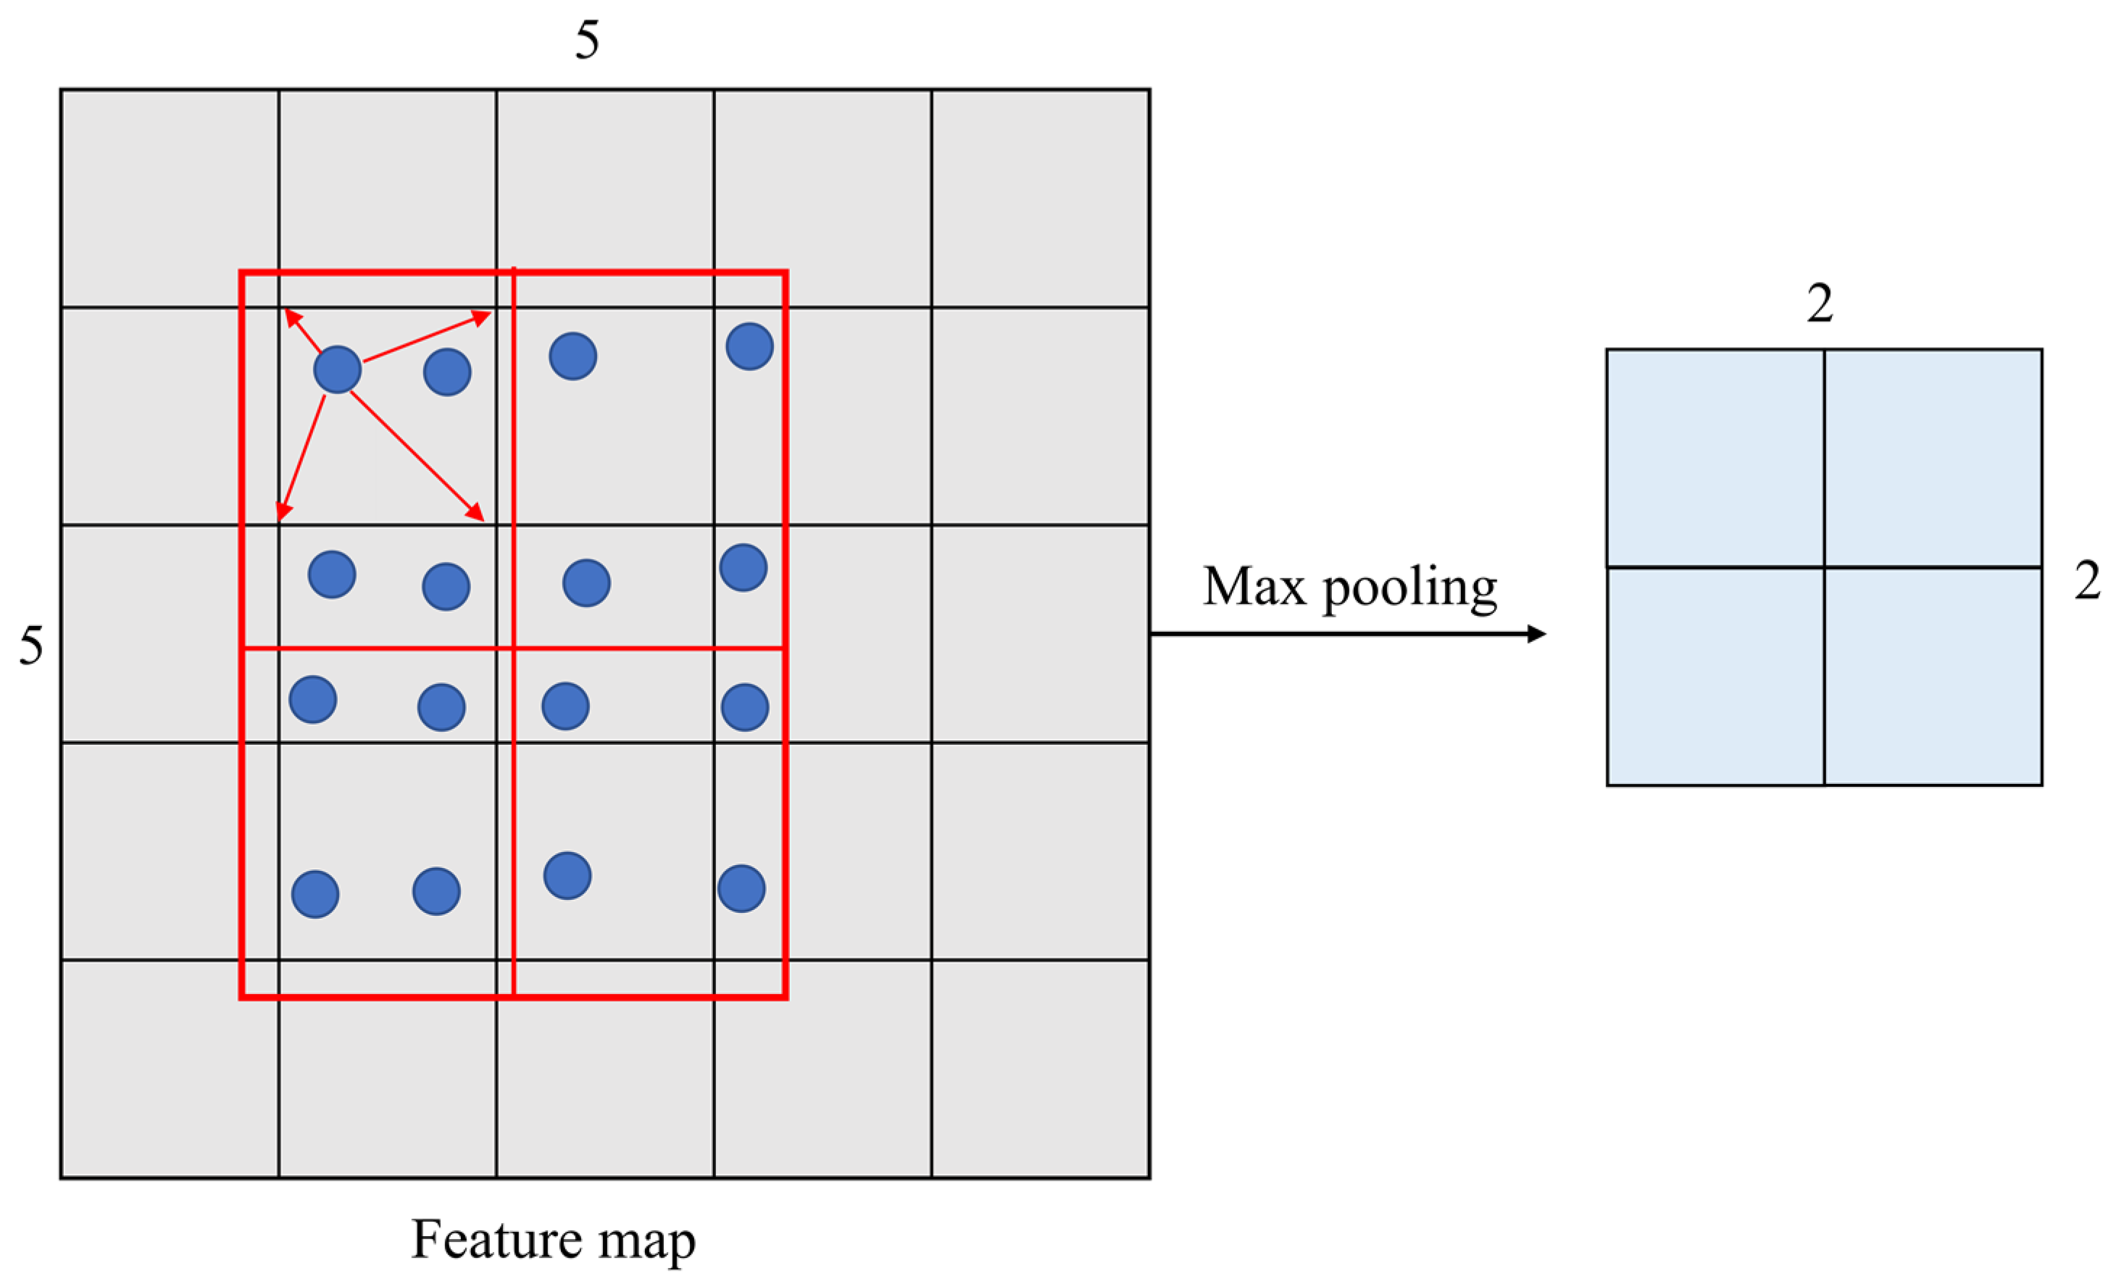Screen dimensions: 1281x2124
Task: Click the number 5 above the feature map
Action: (587, 41)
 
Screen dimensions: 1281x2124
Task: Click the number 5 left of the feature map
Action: (31, 646)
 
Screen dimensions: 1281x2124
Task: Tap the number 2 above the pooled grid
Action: (1820, 304)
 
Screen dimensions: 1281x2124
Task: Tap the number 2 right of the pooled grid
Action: (2087, 581)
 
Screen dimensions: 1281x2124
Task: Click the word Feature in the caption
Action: (496, 1240)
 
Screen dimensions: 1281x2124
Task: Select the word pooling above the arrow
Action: (1410, 590)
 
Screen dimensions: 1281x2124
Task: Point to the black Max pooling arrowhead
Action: (1537, 635)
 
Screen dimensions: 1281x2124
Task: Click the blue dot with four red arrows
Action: (337, 370)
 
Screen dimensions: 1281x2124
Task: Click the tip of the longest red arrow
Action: (482, 520)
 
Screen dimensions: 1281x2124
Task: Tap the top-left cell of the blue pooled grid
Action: (1715, 458)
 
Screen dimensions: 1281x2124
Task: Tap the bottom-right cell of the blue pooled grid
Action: (1933, 677)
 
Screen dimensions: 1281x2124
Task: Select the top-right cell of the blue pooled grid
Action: (1933, 458)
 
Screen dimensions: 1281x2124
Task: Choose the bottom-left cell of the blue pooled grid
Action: (1715, 677)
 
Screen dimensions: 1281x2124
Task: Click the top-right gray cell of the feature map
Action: (1041, 197)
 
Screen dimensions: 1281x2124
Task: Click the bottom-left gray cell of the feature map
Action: (169, 1069)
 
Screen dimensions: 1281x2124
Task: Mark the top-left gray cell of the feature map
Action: (169, 197)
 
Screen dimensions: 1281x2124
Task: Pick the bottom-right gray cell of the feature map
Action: (1041, 1069)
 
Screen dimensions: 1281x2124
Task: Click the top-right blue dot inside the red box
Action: (749, 346)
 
